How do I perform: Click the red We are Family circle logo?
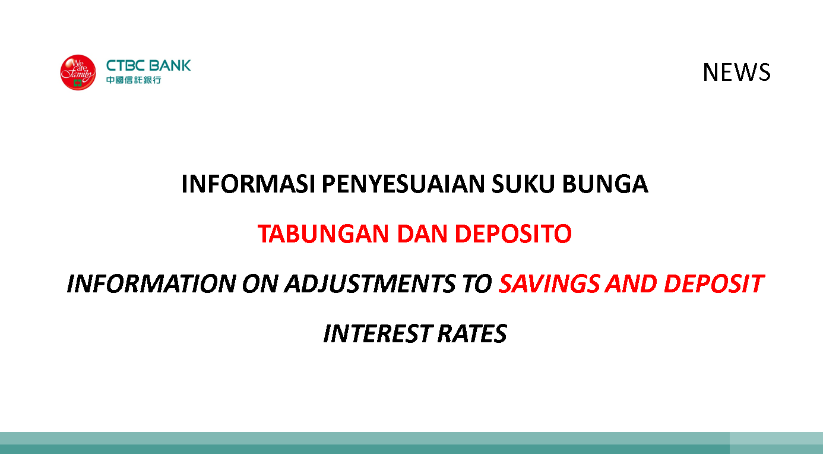click(78, 72)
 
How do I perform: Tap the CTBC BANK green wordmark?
click(148, 65)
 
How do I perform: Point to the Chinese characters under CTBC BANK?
click(134, 80)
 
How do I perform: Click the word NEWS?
click(736, 72)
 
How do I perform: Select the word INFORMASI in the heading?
click(248, 184)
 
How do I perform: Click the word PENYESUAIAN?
click(403, 184)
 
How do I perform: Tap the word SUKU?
click(523, 184)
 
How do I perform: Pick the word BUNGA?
click(605, 184)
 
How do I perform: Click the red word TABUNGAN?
click(323, 234)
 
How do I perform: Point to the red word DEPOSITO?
click(513, 234)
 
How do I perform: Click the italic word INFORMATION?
click(151, 284)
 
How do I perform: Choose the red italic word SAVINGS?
click(549, 284)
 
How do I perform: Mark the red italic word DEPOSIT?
click(714, 284)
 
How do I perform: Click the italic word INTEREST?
click(377, 334)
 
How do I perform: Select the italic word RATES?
click(472, 334)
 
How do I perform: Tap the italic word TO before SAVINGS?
click(477, 284)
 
